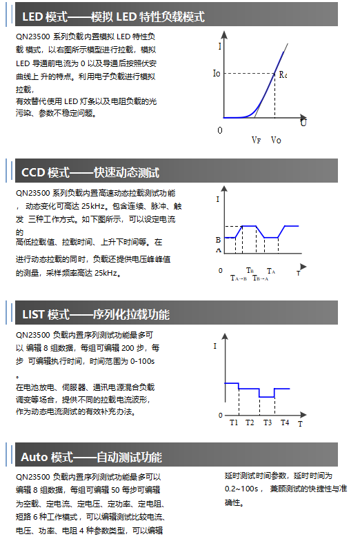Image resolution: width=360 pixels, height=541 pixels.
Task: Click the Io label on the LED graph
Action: click(x=217, y=73)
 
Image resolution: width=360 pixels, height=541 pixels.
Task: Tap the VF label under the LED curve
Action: click(x=256, y=140)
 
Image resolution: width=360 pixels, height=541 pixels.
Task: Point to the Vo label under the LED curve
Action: click(x=276, y=140)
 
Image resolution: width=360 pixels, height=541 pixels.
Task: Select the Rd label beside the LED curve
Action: click(x=283, y=74)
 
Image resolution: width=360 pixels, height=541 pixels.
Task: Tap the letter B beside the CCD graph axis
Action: click(x=218, y=240)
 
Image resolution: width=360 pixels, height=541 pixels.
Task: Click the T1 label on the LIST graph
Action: click(x=234, y=422)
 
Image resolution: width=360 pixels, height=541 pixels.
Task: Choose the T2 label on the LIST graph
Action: click(x=250, y=422)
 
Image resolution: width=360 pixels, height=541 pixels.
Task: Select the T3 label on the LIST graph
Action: click(x=268, y=422)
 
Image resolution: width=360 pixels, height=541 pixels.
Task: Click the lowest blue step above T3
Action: click(x=266, y=397)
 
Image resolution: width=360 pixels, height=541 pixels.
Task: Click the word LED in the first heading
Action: click(x=32, y=17)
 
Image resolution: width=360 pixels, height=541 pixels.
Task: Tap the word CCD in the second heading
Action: click(x=33, y=172)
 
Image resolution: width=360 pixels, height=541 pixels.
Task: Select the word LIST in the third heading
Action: click(x=34, y=315)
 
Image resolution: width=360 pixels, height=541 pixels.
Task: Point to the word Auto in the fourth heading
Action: click(x=34, y=457)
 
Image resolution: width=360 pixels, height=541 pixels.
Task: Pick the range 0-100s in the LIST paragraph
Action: click(x=142, y=361)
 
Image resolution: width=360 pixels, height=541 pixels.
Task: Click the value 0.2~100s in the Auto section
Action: click(x=241, y=488)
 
